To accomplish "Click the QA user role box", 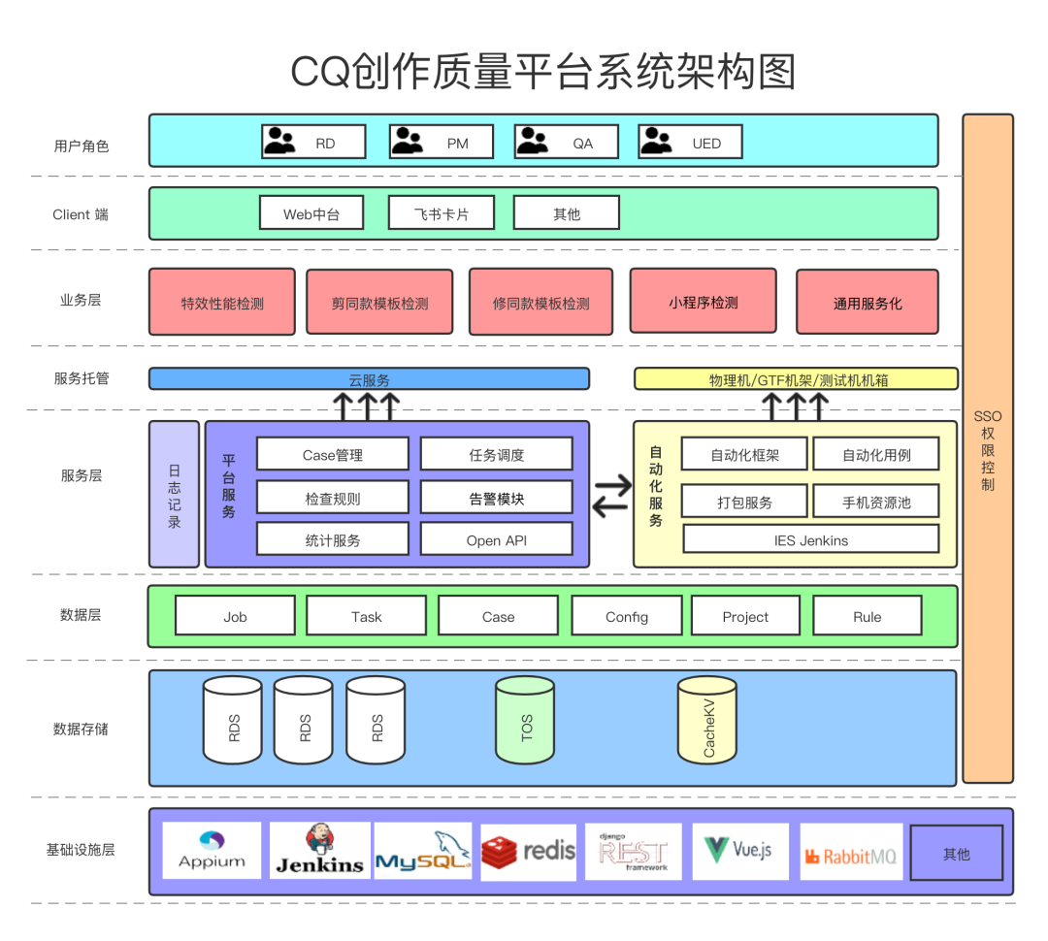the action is tap(566, 142).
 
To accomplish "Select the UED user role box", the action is tap(690, 142).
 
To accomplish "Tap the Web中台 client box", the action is tap(311, 212).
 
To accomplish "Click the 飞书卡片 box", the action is tap(442, 212).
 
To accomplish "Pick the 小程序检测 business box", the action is tap(704, 301).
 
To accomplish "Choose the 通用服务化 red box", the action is tap(868, 302).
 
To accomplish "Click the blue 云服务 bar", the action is tap(369, 379).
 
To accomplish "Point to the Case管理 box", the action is tap(333, 454).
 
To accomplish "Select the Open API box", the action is tap(497, 538).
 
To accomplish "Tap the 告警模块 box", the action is tap(497, 498).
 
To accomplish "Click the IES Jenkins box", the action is tap(810, 538).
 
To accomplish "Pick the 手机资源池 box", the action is tap(876, 502).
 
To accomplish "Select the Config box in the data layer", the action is tap(627, 615).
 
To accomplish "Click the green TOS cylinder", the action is tap(525, 720).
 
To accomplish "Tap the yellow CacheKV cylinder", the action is tap(707, 720).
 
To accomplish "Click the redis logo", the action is tap(528, 852).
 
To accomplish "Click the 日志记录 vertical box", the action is tap(174, 494).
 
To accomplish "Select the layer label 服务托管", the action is tap(82, 378).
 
